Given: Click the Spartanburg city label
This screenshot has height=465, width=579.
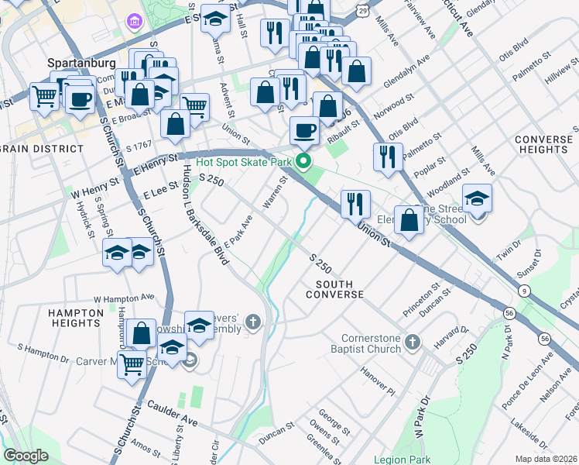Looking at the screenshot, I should (81, 62).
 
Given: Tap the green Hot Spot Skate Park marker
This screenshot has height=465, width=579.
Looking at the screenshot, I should (304, 162).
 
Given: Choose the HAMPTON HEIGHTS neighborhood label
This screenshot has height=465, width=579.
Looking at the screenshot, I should (76, 318).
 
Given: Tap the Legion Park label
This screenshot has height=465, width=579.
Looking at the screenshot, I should (401, 460).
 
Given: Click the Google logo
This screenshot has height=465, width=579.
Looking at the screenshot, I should (26, 456).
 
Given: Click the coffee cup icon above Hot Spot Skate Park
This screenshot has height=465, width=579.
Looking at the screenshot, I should (305, 129).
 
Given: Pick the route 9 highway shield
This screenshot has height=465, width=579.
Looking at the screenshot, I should (526, 291).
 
